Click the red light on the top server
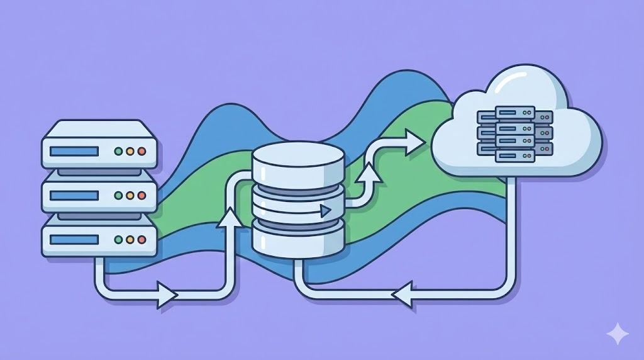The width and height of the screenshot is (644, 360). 142,152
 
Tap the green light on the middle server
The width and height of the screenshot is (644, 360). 118,196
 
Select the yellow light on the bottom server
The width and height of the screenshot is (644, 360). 130,240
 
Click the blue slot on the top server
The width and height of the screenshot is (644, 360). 74,151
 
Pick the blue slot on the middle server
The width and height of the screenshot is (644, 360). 74,196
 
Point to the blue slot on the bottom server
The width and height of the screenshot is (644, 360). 74,240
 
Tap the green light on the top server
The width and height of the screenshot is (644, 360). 118,152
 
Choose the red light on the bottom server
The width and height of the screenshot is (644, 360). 142,240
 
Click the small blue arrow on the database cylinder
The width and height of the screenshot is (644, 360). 325,211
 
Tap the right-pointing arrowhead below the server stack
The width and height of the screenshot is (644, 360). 167,293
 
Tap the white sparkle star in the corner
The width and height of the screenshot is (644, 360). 618,334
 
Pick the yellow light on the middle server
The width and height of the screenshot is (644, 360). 130,196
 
